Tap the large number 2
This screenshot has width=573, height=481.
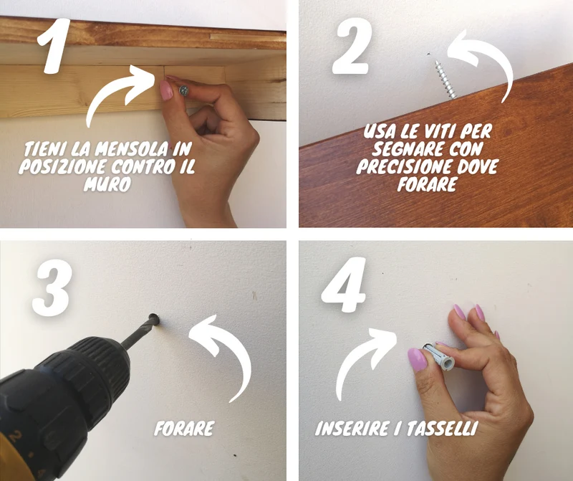point(352,46)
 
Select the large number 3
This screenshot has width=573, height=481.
point(52,288)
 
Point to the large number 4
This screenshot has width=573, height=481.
point(344,285)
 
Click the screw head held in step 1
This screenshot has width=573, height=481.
point(183,91)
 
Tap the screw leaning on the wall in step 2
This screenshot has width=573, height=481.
point(445,80)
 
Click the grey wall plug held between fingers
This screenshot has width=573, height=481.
point(438,356)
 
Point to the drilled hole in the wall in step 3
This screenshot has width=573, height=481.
point(154,319)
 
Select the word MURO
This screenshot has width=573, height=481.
point(107,184)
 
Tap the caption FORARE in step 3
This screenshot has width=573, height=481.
point(184,429)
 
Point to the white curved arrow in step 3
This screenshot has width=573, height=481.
point(234,348)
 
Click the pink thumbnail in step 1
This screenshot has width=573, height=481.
point(166,90)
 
